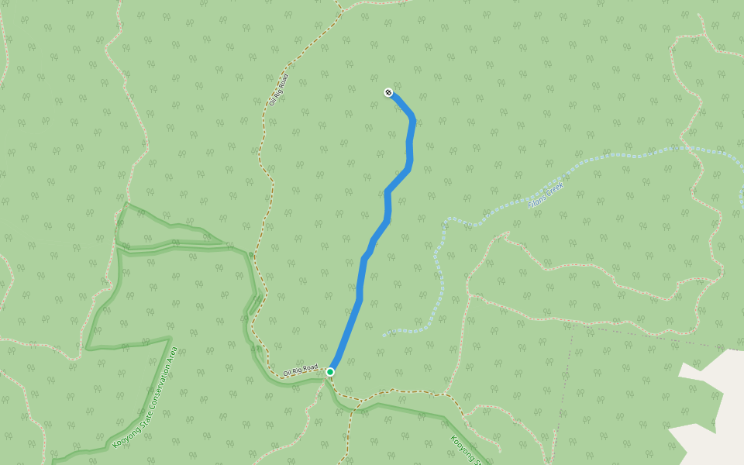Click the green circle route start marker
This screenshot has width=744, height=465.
(x=330, y=372)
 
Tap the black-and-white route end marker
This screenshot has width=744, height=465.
(x=388, y=93)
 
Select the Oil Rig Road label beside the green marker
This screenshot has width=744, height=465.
(x=301, y=370)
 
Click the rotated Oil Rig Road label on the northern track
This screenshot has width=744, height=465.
(x=278, y=90)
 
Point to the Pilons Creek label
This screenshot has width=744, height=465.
(x=546, y=195)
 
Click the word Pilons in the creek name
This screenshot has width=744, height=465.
(x=537, y=200)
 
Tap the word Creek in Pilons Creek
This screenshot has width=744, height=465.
(x=555, y=190)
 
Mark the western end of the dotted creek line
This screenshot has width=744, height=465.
(x=384, y=336)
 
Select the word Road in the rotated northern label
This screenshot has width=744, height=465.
(x=282, y=81)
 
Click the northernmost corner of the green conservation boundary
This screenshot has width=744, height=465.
(x=126, y=204)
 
